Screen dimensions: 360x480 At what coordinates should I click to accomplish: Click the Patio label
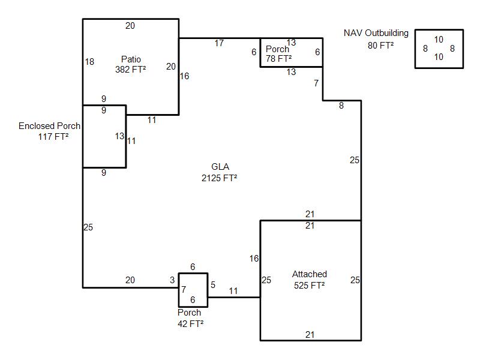(131, 59)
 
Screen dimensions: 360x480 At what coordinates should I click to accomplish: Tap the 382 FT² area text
(131, 69)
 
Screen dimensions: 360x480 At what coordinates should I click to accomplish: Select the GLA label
(220, 167)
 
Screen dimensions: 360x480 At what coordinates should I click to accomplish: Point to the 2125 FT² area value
(220, 178)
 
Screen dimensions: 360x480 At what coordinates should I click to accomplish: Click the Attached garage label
(310, 274)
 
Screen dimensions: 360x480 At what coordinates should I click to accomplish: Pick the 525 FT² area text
(310, 285)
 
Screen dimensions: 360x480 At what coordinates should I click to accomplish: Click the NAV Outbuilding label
(376, 33)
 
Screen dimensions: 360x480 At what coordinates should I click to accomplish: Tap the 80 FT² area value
(380, 44)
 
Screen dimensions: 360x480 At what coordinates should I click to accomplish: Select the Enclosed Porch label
(49, 126)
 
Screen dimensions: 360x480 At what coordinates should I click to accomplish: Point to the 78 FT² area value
(279, 58)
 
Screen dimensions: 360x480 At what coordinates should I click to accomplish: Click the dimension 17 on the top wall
(219, 43)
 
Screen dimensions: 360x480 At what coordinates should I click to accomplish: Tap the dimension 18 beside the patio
(89, 62)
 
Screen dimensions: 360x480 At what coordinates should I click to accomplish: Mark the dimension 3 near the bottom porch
(172, 280)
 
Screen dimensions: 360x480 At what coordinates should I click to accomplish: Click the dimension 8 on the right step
(341, 106)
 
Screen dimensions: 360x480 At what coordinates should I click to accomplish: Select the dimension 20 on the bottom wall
(130, 280)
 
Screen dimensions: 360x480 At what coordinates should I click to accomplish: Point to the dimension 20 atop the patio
(130, 25)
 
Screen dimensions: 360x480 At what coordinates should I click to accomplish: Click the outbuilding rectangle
(439, 49)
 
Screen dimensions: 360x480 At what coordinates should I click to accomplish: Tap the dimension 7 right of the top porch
(316, 83)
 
